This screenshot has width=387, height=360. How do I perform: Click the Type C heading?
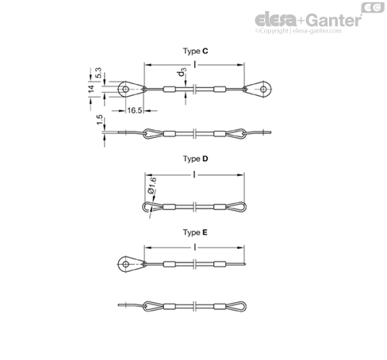(x=195, y=51)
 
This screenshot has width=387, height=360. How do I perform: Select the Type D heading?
(x=195, y=159)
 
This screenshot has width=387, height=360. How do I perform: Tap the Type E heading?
(x=195, y=232)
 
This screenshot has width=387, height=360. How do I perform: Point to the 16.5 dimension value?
(x=135, y=110)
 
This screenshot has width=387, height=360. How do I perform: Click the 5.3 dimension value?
(x=98, y=73)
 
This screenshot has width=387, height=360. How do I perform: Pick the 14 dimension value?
(x=91, y=89)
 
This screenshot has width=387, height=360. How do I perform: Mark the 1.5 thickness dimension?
(x=99, y=120)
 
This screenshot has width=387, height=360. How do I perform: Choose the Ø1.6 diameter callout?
(x=152, y=186)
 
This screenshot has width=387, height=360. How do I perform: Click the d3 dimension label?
(x=182, y=72)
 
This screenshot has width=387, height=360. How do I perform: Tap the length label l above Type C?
(x=195, y=64)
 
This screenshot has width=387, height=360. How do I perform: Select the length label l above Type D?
(x=194, y=174)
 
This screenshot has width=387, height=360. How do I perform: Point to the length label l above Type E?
(x=195, y=247)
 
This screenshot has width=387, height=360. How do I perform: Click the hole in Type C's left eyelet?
(x=126, y=89)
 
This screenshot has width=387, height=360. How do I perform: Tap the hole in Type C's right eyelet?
(x=263, y=89)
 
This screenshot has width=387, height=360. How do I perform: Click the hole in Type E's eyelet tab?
(x=126, y=264)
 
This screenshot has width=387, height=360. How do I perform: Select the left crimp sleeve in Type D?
(x=169, y=207)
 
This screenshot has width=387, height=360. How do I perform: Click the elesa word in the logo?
(x=276, y=20)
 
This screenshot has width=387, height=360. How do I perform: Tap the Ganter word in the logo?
(x=335, y=20)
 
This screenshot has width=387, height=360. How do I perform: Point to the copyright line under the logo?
(x=298, y=31)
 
